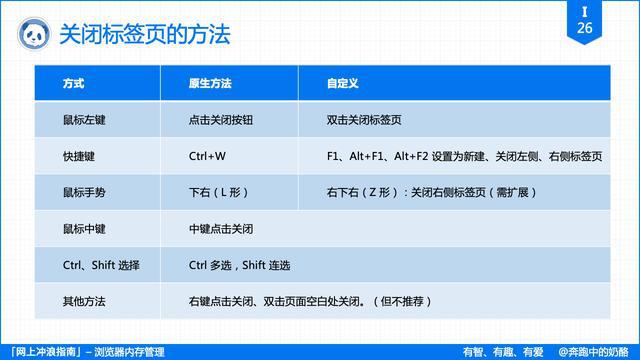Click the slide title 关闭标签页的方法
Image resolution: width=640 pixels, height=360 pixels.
click(x=144, y=36)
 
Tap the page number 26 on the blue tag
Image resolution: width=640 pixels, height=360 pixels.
click(x=584, y=28)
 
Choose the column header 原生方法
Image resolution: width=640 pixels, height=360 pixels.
click(x=208, y=82)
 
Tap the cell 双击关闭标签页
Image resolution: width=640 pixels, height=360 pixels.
click(x=364, y=120)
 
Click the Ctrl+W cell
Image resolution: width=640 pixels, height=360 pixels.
click(x=207, y=156)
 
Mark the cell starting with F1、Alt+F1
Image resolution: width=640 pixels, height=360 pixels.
click(x=464, y=156)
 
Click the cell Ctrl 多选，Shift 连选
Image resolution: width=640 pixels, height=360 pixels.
click(x=241, y=264)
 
